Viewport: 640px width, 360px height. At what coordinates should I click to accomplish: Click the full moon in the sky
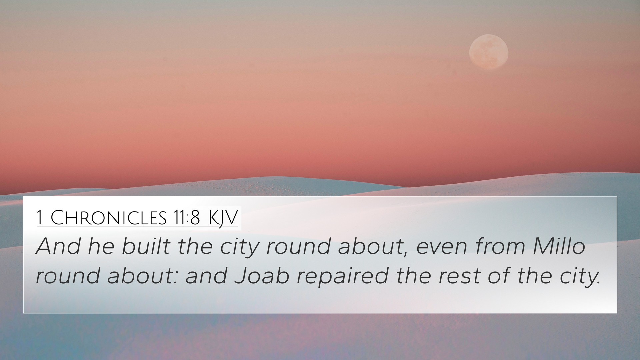489,52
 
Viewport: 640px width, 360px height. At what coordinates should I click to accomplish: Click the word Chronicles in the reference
109,218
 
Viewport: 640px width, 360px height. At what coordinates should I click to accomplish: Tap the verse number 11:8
186,218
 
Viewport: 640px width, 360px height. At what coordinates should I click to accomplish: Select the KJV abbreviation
223,219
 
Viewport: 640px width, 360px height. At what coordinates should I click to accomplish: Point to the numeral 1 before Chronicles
40,218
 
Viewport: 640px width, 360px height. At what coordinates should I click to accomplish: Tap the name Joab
262,276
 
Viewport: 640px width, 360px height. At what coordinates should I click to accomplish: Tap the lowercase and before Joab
206,276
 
